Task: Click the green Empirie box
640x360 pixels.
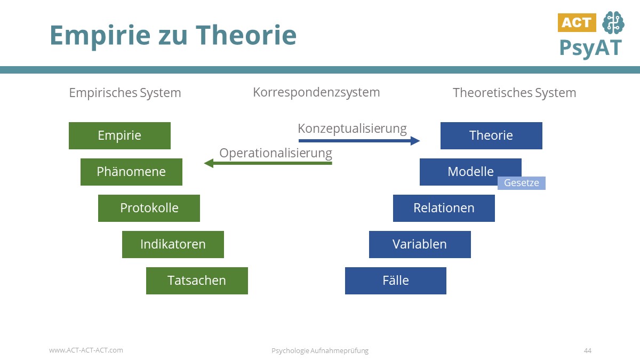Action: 119,135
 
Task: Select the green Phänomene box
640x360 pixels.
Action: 131,172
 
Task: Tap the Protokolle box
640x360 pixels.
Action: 149,208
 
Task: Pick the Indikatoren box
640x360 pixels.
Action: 173,244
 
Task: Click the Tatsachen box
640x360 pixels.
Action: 197,281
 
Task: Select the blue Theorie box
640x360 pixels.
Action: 491,135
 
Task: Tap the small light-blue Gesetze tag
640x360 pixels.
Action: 521,183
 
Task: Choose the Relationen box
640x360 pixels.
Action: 444,208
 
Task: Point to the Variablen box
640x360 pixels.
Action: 420,244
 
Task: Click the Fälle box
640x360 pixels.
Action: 395,281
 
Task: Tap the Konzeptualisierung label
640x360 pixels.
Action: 352,129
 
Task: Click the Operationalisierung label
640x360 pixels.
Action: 276,153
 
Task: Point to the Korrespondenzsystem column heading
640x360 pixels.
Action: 316,92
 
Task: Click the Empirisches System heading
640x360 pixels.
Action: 125,93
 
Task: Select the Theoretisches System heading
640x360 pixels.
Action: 514,93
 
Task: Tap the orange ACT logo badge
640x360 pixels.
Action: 577,22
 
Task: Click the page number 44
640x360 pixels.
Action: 587,350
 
